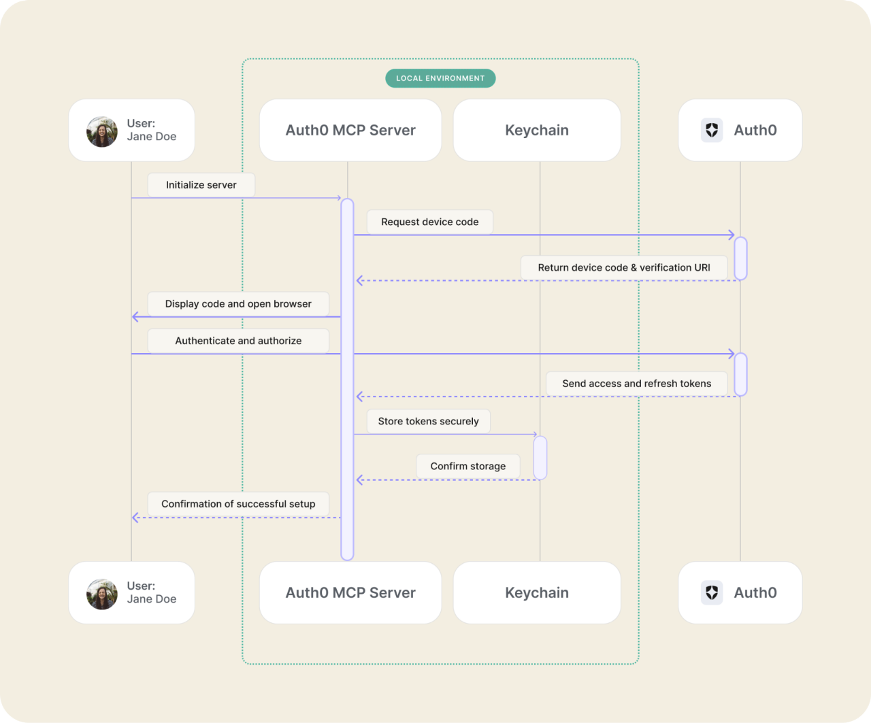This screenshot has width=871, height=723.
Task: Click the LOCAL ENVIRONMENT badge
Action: click(x=440, y=78)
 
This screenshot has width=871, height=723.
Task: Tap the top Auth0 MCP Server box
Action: click(x=350, y=130)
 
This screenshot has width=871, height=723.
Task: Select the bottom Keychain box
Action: click(x=537, y=592)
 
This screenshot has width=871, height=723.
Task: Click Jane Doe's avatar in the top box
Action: click(x=102, y=131)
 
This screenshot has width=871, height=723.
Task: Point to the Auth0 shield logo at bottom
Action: click(x=712, y=592)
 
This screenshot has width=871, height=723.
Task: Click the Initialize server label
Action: click(x=201, y=185)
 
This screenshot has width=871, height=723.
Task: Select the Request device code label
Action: click(x=429, y=222)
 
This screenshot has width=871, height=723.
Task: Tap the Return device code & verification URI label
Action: click(x=623, y=267)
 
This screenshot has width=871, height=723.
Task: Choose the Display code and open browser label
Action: click(x=238, y=304)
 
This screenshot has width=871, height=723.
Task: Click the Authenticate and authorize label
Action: click(x=238, y=341)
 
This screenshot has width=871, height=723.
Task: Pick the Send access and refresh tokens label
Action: click(x=636, y=384)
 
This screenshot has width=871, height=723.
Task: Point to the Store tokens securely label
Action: click(x=428, y=421)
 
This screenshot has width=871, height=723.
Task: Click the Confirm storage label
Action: click(x=467, y=466)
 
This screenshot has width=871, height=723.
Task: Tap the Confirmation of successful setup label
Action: click(x=238, y=504)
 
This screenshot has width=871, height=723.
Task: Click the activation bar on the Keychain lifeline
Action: click(x=540, y=458)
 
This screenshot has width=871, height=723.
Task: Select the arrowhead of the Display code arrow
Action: click(x=135, y=317)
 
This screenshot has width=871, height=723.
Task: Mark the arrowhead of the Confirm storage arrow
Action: click(x=360, y=480)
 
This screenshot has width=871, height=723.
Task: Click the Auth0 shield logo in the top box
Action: click(x=712, y=130)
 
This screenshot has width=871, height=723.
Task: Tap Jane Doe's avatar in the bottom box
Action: click(x=102, y=594)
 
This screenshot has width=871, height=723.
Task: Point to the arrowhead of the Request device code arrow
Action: click(x=732, y=235)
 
